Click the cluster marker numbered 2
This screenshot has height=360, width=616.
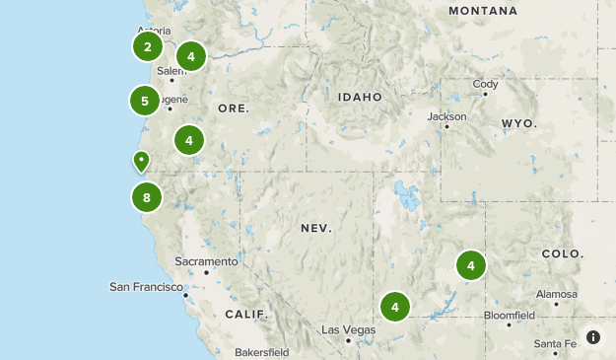click(147, 46)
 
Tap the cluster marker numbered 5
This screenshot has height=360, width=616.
click(144, 101)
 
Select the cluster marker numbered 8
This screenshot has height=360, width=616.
click(146, 197)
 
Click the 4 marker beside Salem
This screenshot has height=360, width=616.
click(190, 57)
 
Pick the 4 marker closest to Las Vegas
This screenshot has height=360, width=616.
click(395, 307)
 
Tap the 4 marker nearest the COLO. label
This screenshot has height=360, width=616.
click(471, 265)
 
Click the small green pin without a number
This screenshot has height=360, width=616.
click(142, 160)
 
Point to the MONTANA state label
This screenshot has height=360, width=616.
click(482, 11)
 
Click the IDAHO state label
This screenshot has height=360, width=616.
click(359, 98)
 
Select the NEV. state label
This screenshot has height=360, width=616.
click(316, 228)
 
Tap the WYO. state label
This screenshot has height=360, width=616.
click(518, 123)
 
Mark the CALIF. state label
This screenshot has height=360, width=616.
click(245, 314)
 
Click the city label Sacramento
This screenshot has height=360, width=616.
click(206, 261)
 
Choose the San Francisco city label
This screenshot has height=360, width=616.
click(147, 287)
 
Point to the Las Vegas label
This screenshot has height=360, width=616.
click(346, 328)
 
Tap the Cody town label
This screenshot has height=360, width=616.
click(486, 84)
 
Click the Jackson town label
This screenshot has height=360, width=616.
click(446, 115)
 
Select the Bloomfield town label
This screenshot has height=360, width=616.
click(509, 316)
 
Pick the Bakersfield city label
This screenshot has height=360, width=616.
click(261, 352)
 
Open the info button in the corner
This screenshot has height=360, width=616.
click(593, 337)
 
